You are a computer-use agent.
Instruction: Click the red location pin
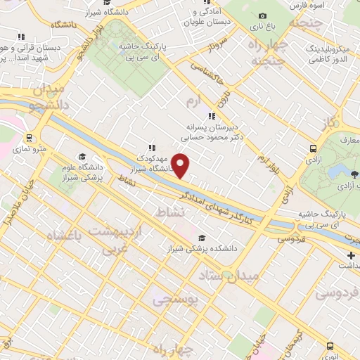tap(181, 165)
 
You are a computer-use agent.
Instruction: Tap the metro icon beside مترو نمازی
tap(29, 138)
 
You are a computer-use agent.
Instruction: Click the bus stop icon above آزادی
tap(312, 148)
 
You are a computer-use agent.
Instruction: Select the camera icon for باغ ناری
tap(262, 15)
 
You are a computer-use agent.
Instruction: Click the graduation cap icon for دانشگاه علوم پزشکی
tap(82, 156)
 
